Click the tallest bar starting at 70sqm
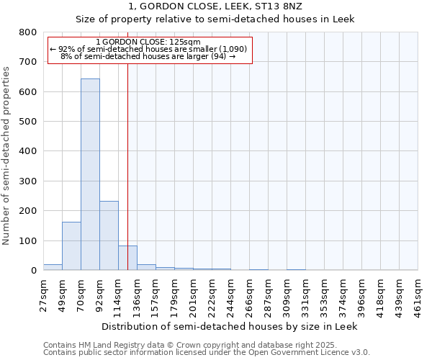click(x=90, y=174)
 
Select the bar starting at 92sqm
click(x=109, y=235)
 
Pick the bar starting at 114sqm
click(x=127, y=258)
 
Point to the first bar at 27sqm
click(x=53, y=267)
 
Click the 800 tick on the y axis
click(x=28, y=32)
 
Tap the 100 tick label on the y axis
click(x=28, y=240)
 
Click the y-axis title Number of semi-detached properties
click(x=6, y=154)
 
